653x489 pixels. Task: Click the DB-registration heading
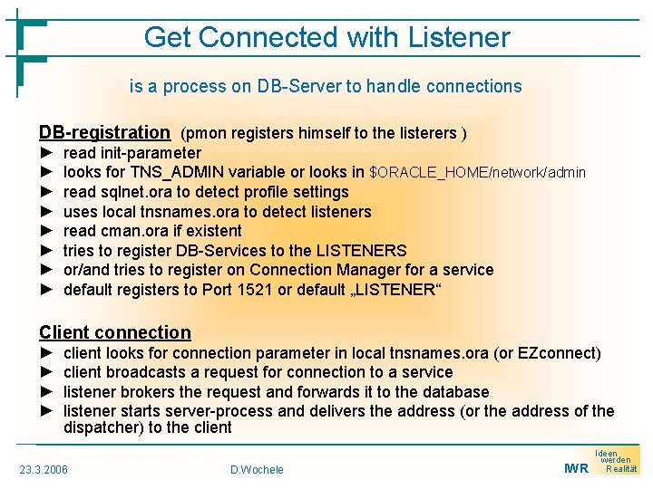[104, 133]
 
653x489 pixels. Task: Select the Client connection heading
[115, 332]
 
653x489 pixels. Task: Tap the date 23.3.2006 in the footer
[44, 469]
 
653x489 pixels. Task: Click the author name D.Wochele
[258, 469]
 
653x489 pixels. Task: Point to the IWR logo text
[576, 468]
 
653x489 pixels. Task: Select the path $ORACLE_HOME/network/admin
[478, 172]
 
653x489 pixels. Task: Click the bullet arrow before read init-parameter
[47, 153]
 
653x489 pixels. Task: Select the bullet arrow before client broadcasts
[47, 372]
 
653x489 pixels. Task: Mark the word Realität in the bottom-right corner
[621, 469]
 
